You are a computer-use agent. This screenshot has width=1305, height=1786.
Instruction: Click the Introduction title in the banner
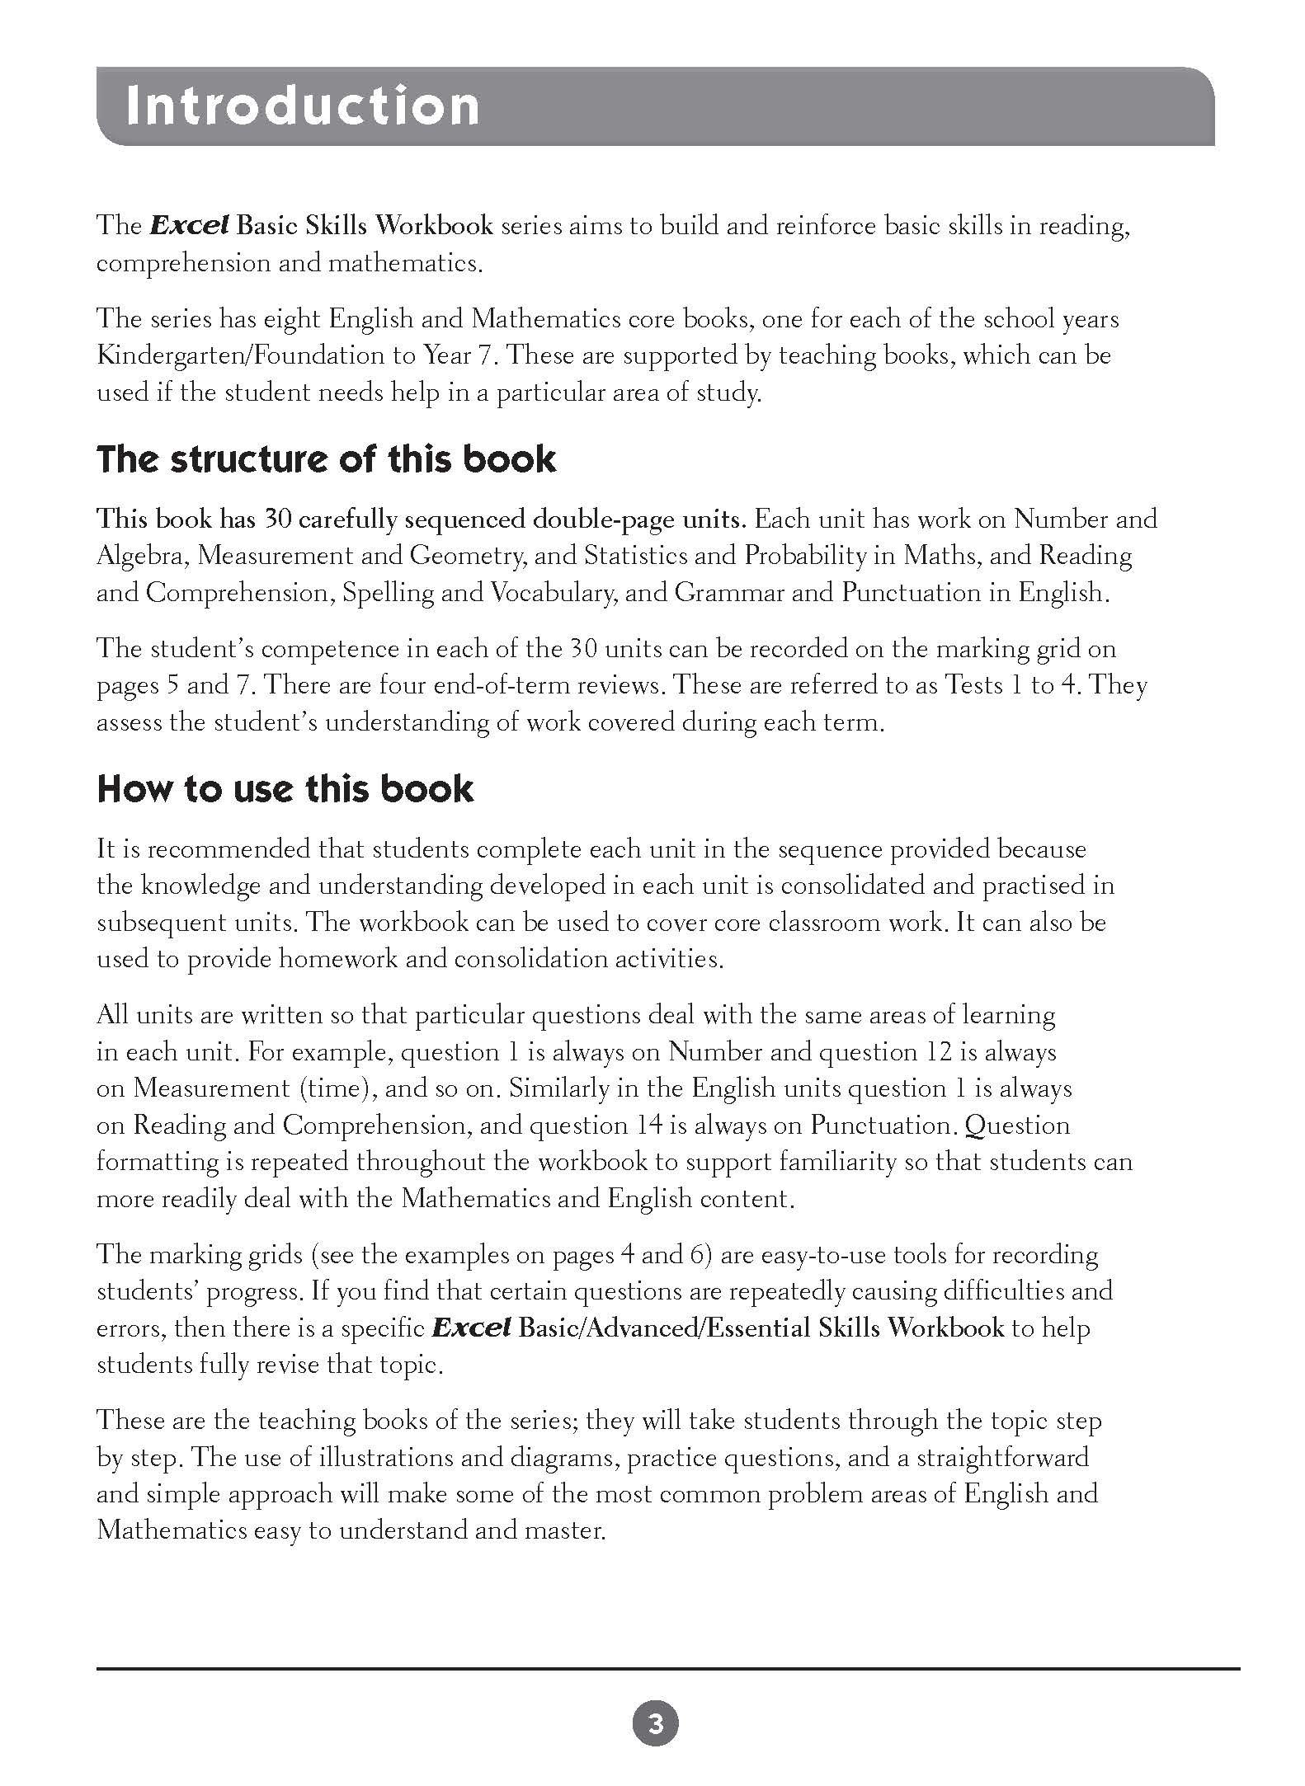point(302,106)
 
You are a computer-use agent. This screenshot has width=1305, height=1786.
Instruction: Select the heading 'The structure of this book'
point(326,459)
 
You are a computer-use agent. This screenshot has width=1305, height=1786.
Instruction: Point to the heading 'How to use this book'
point(285,789)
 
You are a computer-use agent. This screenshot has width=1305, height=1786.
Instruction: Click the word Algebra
point(143,557)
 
